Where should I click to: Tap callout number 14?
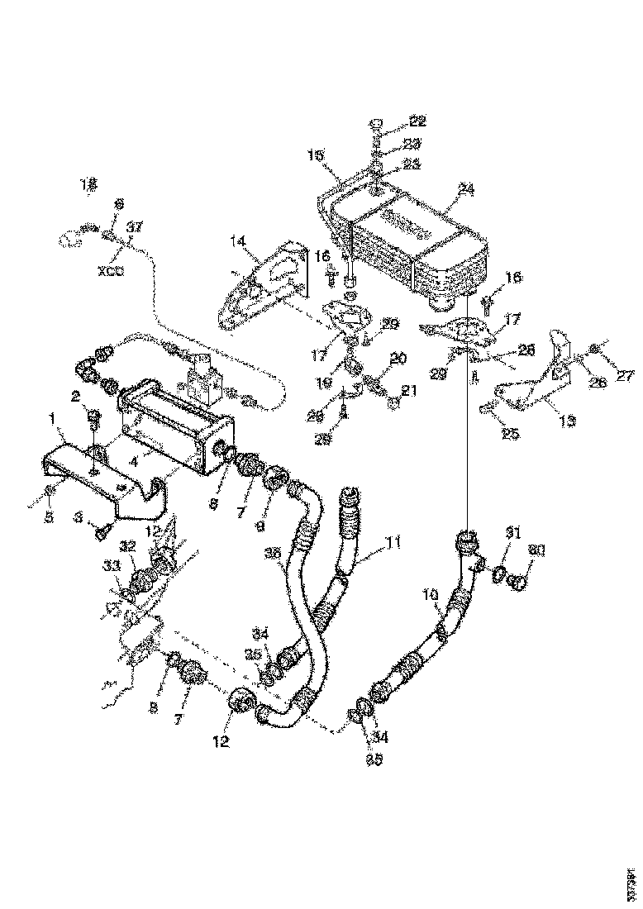238,241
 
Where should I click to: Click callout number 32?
127,545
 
